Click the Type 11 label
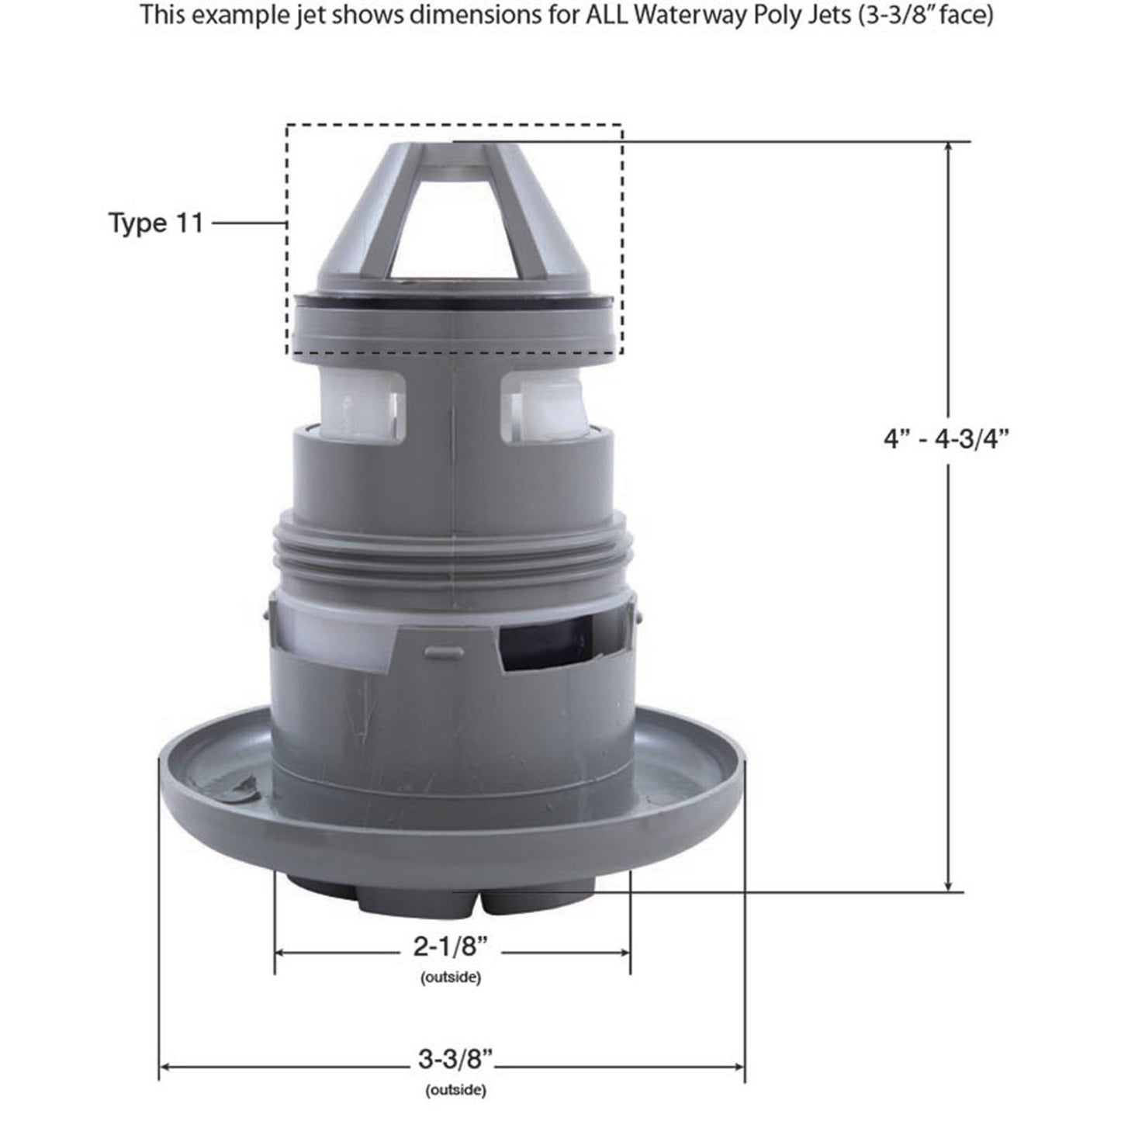[155, 223]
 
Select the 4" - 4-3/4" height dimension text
[946, 439]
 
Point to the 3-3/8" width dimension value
[455, 1058]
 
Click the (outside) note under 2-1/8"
[451, 977]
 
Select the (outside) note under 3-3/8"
[455, 1090]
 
